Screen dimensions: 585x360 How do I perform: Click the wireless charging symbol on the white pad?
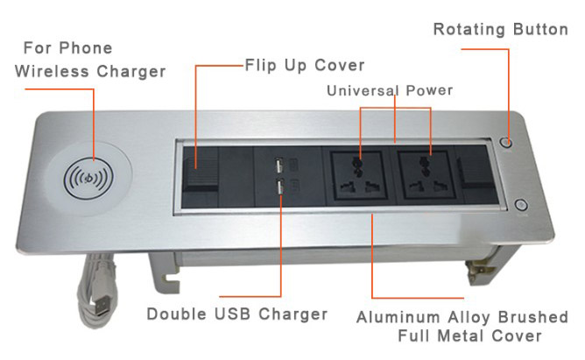pos(88,178)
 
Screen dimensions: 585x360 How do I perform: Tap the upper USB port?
pos(278,166)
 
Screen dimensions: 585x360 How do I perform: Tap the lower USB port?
pos(279,187)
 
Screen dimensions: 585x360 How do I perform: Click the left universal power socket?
pos(357,174)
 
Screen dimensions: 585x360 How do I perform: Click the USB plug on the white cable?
pos(102,306)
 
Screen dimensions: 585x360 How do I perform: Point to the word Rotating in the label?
pos(469,30)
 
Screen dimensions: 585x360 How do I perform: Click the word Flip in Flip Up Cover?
pos(260,66)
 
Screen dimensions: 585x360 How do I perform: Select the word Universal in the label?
pos(363,90)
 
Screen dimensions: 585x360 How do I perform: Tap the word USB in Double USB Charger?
pos(232,314)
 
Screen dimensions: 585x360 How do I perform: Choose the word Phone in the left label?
pos(86,48)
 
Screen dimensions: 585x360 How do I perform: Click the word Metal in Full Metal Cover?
pos(460,335)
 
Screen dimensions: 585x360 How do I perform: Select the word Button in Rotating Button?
pos(540,30)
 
